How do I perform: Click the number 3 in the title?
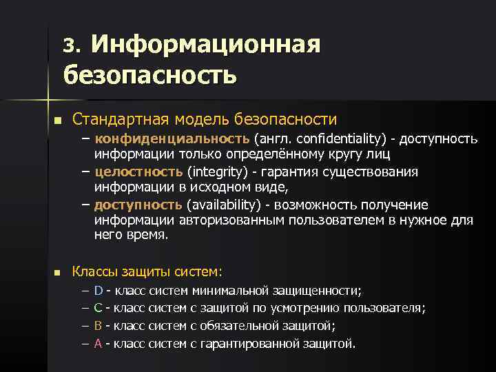click(68, 45)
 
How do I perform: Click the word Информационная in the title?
click(206, 45)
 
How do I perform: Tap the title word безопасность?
click(149, 73)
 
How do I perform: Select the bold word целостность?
click(138, 171)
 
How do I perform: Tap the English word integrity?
click(214, 171)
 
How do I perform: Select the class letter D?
click(98, 291)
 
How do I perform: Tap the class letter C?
click(98, 308)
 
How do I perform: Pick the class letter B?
click(98, 325)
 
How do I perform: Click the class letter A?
click(98, 342)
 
